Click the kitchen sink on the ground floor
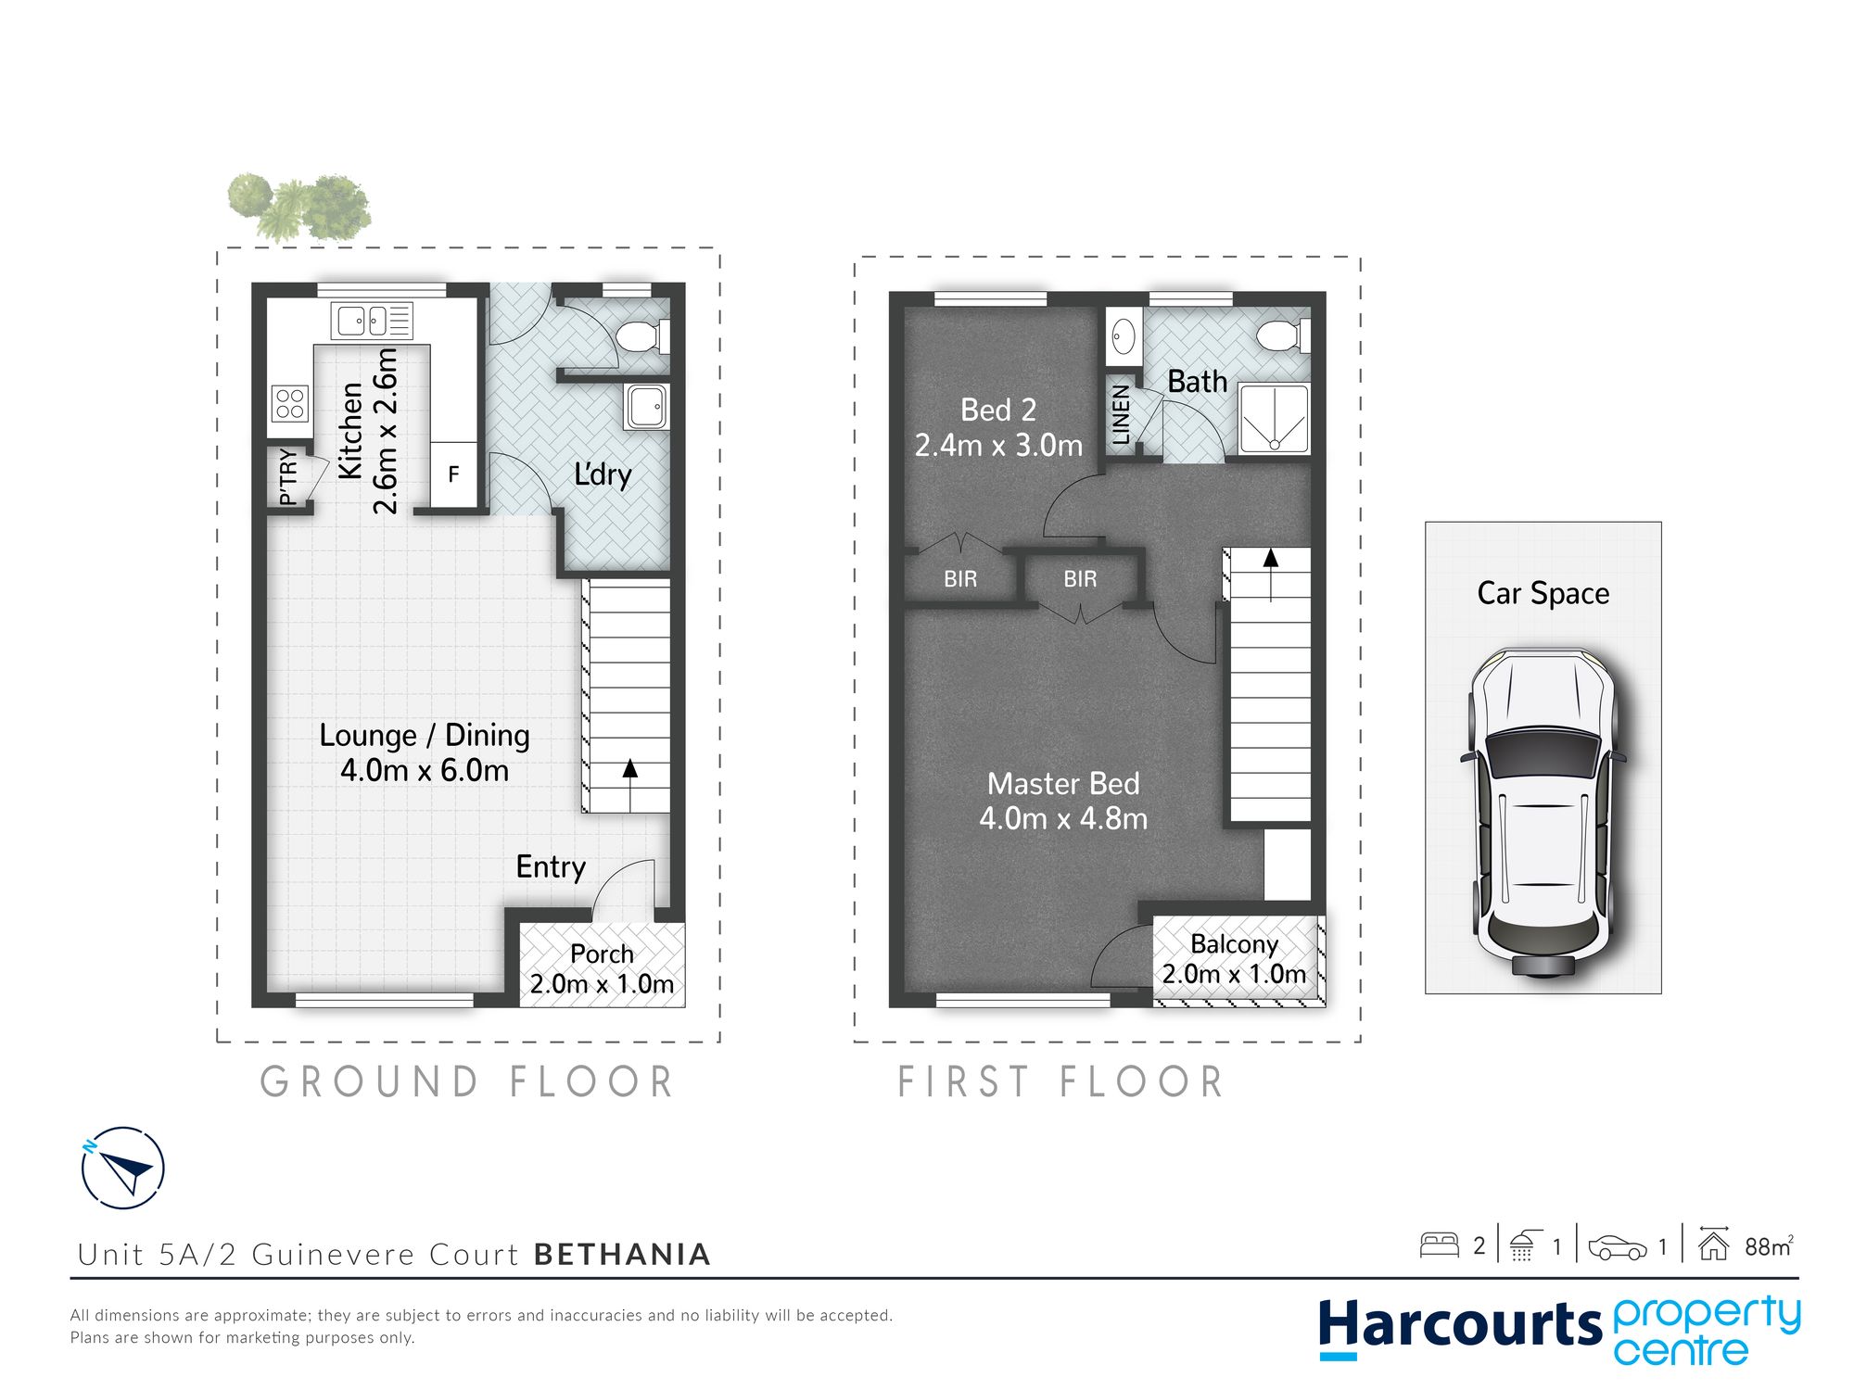coord(372,322)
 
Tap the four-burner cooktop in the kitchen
coord(289,404)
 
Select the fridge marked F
coord(453,474)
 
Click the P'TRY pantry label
coord(288,477)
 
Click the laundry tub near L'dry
coord(646,406)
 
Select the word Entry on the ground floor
coord(551,866)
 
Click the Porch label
coord(602,954)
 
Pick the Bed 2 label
coord(998,410)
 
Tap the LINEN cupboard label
coord(1121,415)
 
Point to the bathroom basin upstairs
coord(1124,336)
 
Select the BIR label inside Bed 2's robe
coord(960,579)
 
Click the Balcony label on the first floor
coord(1234,944)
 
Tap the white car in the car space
coord(1543,813)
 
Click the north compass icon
coord(123,1168)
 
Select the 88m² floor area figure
coord(1768,1246)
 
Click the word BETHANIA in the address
coord(622,1254)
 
